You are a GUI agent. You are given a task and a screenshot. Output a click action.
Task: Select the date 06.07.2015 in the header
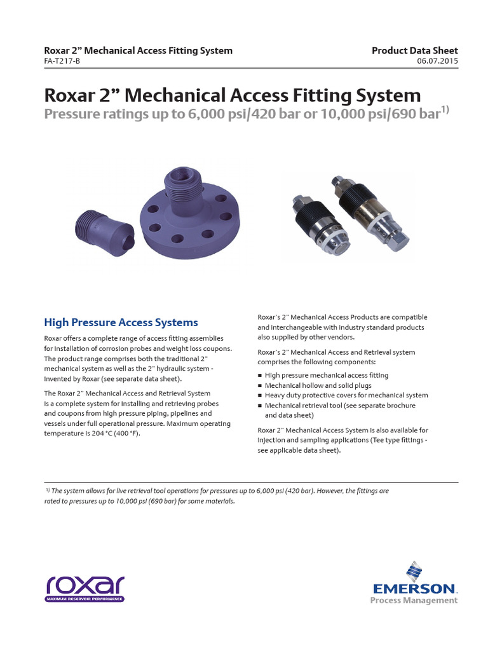(x=437, y=62)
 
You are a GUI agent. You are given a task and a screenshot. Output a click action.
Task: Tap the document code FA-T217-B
(x=62, y=62)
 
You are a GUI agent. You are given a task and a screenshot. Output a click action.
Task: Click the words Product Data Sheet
(x=414, y=51)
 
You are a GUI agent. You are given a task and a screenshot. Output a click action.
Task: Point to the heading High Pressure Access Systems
(x=121, y=322)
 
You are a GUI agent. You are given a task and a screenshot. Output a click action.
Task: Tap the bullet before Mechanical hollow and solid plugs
(x=260, y=386)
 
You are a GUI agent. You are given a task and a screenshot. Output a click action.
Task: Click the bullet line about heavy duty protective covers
(x=346, y=395)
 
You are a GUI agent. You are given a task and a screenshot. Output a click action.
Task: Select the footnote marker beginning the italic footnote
(x=48, y=490)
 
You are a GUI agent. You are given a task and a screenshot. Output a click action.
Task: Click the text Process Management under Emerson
(x=414, y=600)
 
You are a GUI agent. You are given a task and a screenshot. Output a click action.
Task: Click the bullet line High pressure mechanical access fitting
(x=327, y=376)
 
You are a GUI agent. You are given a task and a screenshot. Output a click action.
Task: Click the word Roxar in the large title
(x=67, y=96)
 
